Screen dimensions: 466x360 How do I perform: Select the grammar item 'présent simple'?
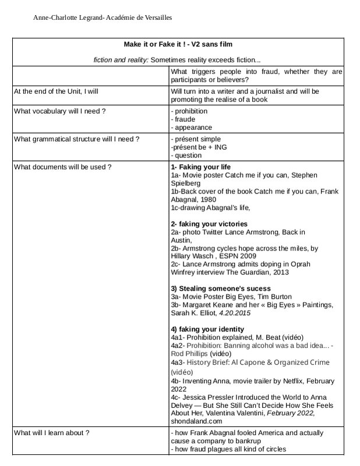pyautogui.click(x=197, y=139)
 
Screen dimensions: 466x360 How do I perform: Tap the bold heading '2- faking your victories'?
pyautogui.click(x=209, y=224)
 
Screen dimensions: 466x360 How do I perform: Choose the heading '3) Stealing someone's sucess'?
pyautogui.click(x=220, y=288)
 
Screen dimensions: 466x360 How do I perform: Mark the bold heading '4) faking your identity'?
pyautogui.click(x=207, y=329)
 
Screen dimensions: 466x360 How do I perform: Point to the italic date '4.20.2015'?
pyautogui.click(x=234, y=313)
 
